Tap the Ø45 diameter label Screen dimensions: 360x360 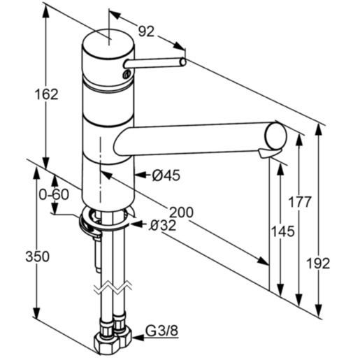(166, 175)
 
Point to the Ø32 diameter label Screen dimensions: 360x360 (162, 225)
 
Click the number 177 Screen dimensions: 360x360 (300, 203)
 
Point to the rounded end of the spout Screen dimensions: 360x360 (275, 134)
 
